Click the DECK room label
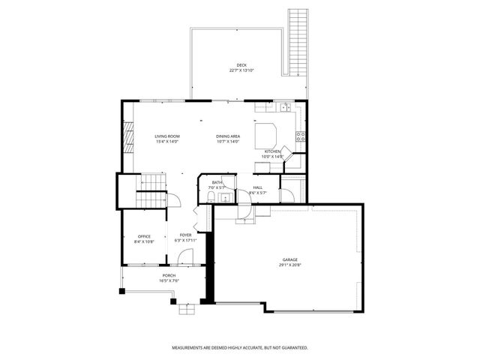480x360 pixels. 241,65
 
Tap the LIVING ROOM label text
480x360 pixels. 166,136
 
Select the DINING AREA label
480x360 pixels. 228,136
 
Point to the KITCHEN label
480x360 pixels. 272,151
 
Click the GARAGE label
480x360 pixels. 289,259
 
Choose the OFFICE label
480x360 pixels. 144,236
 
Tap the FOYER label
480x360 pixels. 184,235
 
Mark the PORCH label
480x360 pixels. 169,275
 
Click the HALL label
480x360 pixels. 257,187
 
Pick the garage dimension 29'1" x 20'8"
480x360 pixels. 289,265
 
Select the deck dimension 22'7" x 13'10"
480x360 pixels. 241,70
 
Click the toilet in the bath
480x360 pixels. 212,196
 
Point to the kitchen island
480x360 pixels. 267,136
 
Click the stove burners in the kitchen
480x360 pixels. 301,136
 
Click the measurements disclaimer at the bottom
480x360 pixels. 239,348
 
